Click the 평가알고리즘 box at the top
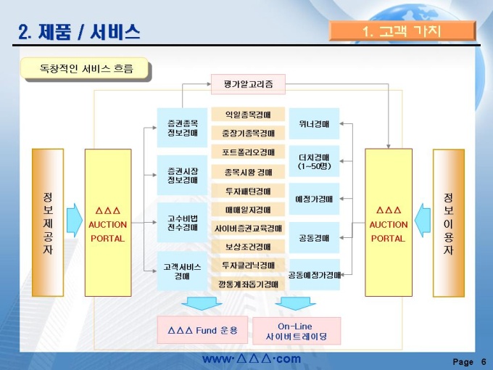pos(248,84)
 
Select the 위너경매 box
pos(314,123)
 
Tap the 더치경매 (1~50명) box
pos(314,161)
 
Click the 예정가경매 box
pos(314,199)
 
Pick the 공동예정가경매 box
pos(314,275)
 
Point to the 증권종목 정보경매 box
pos(182,128)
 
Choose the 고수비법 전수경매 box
pos(182,222)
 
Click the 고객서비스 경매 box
pos(182,271)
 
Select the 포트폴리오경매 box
pos(248,152)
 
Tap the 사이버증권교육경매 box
pos(248,228)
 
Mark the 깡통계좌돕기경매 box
pos(248,284)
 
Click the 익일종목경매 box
pos(248,115)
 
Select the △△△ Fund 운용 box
pos(202,330)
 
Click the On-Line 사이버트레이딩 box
pos(296,331)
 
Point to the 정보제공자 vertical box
pos(48,223)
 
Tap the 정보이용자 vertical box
pos(448,223)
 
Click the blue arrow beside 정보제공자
pos(74,220)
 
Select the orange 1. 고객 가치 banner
pos(402,30)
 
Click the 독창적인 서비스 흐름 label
pos(86,69)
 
